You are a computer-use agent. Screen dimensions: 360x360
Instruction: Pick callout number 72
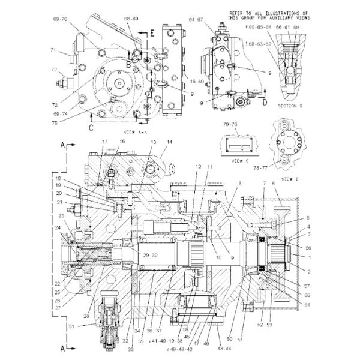[53, 70]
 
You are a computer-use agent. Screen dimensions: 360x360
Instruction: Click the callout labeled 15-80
[179, 81]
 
